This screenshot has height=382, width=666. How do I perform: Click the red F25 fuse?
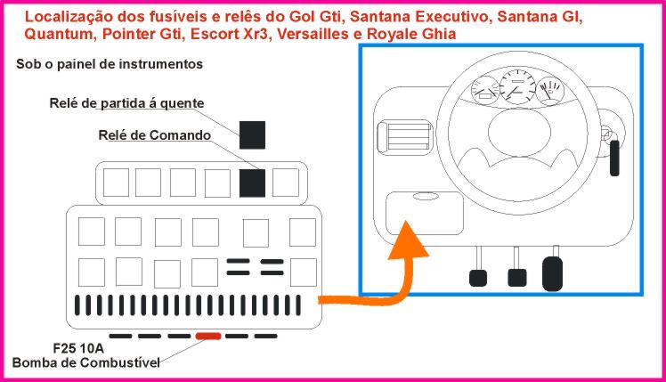208,336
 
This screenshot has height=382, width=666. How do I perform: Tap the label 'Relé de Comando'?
154,135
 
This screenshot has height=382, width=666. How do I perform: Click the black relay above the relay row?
253,134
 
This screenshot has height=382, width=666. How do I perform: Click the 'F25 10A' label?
77,347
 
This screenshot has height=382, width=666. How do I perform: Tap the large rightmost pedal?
553,272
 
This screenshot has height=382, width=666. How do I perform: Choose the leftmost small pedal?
478,277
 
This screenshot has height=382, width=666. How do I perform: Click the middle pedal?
516,277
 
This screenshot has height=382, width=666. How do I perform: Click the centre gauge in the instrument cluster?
514,88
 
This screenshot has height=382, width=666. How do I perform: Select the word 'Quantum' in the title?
57,34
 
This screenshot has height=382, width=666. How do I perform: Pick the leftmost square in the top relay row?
116,183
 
